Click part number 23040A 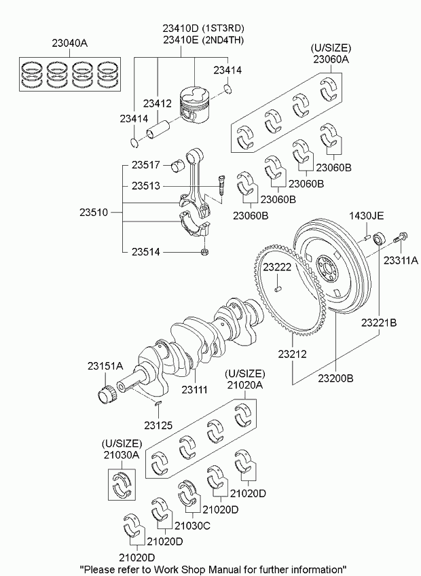(69, 43)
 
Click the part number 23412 (157, 103)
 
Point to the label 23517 (146, 165)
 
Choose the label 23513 (146, 185)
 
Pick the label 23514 (146, 252)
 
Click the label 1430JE (366, 216)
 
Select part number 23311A (401, 260)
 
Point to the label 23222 (277, 268)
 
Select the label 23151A (105, 366)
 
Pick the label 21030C (193, 526)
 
